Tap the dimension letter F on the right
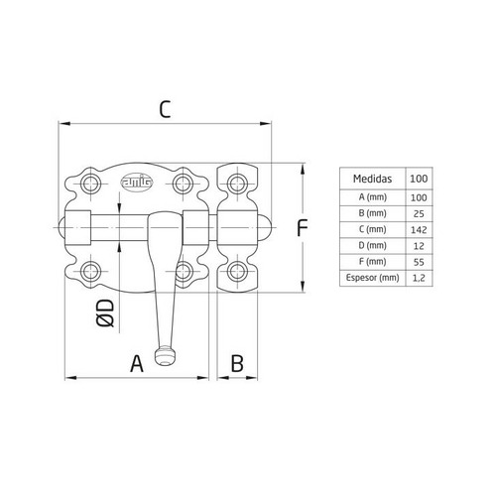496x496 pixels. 307,229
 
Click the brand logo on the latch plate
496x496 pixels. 133,182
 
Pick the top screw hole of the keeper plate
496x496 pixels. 236,183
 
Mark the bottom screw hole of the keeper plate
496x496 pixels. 236,272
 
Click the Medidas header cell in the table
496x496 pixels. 373,179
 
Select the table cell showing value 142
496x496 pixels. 419,229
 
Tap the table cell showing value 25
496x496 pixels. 419,212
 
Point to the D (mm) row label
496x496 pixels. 373,246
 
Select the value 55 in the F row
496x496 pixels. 419,263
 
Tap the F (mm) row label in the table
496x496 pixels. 373,263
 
